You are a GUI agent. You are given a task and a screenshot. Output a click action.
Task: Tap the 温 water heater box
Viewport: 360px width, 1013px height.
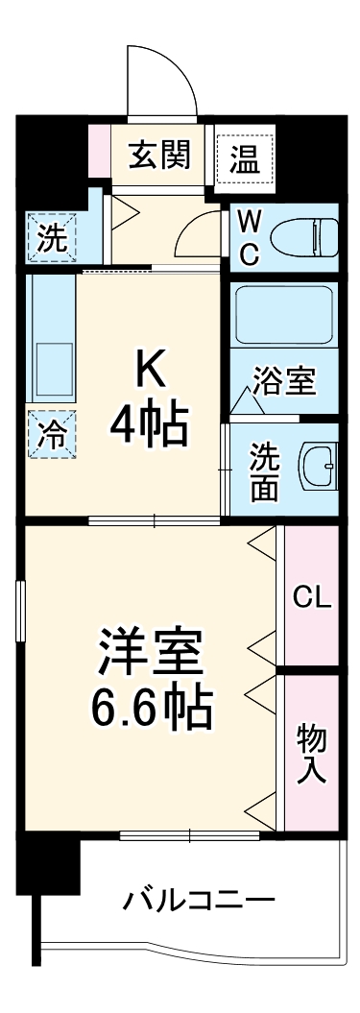coord(243,157)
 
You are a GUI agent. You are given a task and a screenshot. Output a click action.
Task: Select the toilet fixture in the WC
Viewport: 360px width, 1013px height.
coord(301,234)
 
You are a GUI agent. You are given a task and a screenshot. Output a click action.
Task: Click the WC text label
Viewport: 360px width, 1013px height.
coord(248,236)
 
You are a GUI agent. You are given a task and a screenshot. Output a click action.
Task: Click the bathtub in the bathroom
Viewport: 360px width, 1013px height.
coord(284,317)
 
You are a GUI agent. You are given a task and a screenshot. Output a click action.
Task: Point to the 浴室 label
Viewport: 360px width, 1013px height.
coord(285,381)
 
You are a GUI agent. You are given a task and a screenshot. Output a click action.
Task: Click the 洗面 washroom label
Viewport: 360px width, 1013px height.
coord(263,470)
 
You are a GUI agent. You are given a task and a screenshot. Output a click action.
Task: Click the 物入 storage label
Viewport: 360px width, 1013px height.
coord(311,752)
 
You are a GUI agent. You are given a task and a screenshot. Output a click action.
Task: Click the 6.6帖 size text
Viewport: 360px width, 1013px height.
coord(151,711)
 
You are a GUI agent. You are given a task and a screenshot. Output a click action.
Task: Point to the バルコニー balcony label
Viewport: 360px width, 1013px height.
coord(200,901)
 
